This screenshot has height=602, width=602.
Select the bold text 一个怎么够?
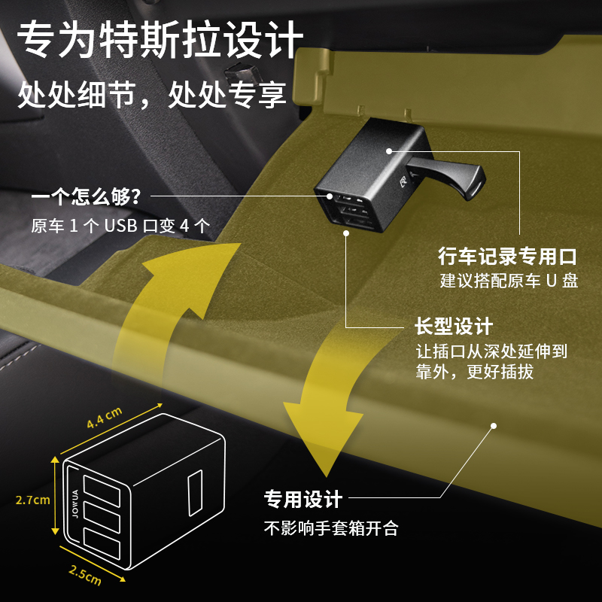pos(86,198)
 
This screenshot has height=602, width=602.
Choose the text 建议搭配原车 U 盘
pos(509,281)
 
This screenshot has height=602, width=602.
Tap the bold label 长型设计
pos(454,327)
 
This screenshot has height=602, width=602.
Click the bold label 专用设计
pos(303,499)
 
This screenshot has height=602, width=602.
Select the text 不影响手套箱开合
pos(330,528)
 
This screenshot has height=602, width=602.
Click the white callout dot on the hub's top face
pos(388,150)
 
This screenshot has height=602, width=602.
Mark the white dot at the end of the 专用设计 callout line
pos(494,425)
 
